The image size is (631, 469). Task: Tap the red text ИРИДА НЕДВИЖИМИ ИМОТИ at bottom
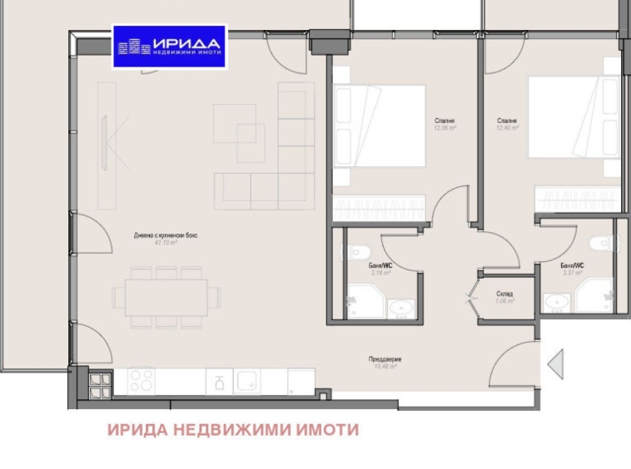[232, 430]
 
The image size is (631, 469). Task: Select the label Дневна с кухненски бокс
[166, 235]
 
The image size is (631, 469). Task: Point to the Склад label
[504, 294]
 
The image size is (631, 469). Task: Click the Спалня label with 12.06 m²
[444, 121]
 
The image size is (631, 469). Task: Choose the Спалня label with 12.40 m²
[507, 121]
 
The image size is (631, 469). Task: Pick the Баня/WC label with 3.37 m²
[574, 264]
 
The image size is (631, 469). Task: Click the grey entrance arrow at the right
[554, 363]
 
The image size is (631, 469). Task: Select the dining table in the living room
[166, 297]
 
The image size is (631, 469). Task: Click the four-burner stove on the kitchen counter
[140, 382]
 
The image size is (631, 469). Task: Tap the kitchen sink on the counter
[248, 382]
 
